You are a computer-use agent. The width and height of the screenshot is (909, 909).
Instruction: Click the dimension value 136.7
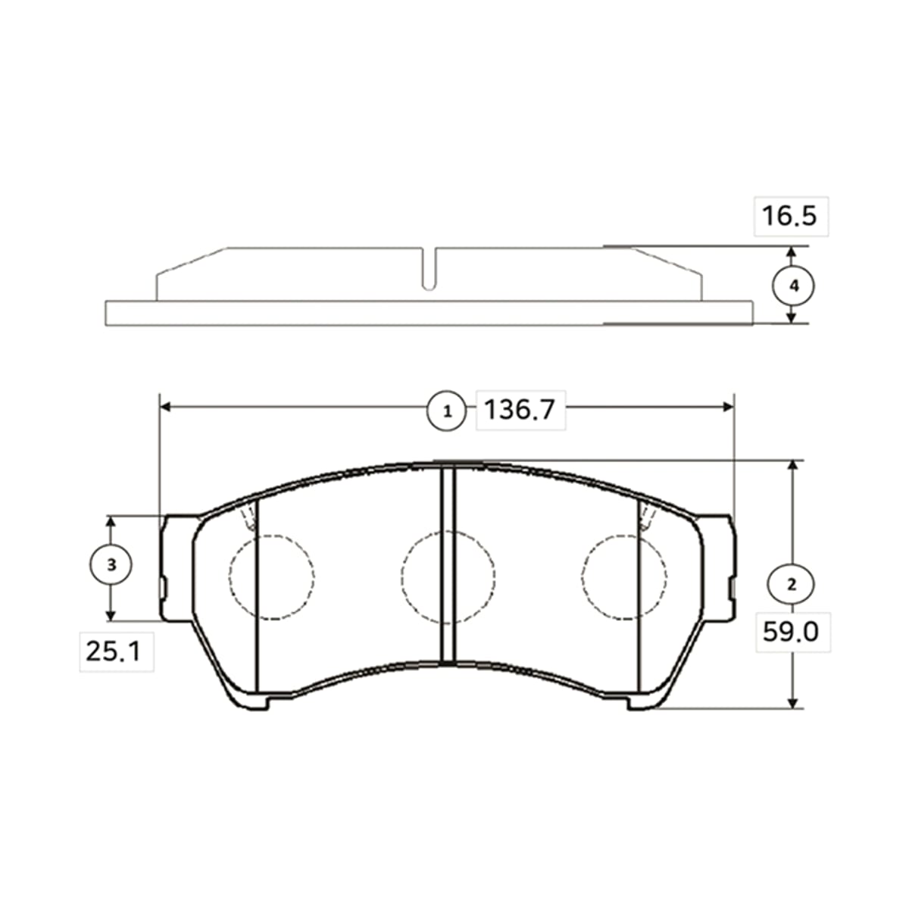pyautogui.click(x=520, y=409)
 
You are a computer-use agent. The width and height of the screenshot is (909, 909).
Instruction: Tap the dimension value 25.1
pyautogui.click(x=113, y=651)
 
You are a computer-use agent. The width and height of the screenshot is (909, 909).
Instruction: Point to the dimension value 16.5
pyautogui.click(x=789, y=216)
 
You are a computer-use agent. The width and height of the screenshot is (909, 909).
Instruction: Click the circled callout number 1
pyautogui.click(x=447, y=411)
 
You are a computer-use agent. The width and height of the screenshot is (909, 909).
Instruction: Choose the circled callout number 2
pyautogui.click(x=792, y=584)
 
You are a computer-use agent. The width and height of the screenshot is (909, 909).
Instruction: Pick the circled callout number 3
pyautogui.click(x=111, y=564)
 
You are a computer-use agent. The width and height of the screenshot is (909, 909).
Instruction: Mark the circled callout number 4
pyautogui.click(x=794, y=286)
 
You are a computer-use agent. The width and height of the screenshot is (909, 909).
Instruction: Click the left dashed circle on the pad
pyautogui.click(x=230, y=576)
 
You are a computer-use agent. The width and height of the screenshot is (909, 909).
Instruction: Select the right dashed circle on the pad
pyautogui.click(x=582, y=576)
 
